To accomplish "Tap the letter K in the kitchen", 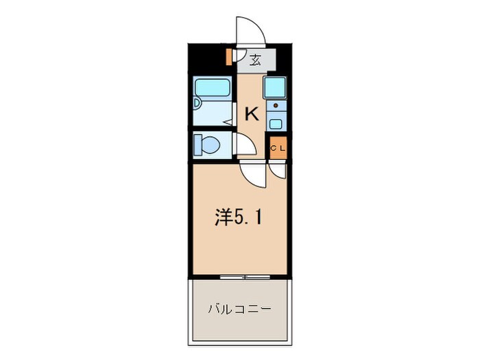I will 251,114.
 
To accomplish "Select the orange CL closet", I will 278,147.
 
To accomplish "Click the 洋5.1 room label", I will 237,218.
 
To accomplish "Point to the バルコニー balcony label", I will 239,309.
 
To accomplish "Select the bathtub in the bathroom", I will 213,88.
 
